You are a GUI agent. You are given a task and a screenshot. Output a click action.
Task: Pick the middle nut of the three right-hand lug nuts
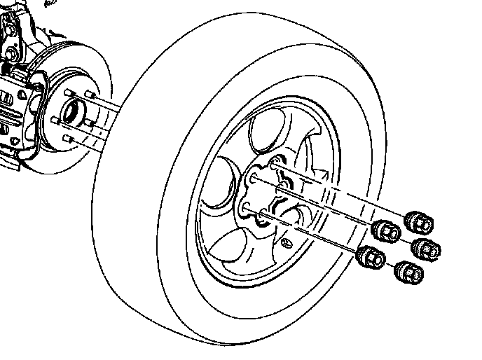[x=426, y=247]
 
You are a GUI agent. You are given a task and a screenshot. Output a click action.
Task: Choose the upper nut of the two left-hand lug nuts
[x=386, y=229]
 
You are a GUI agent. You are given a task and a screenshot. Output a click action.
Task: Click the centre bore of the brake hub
[x=71, y=110]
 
